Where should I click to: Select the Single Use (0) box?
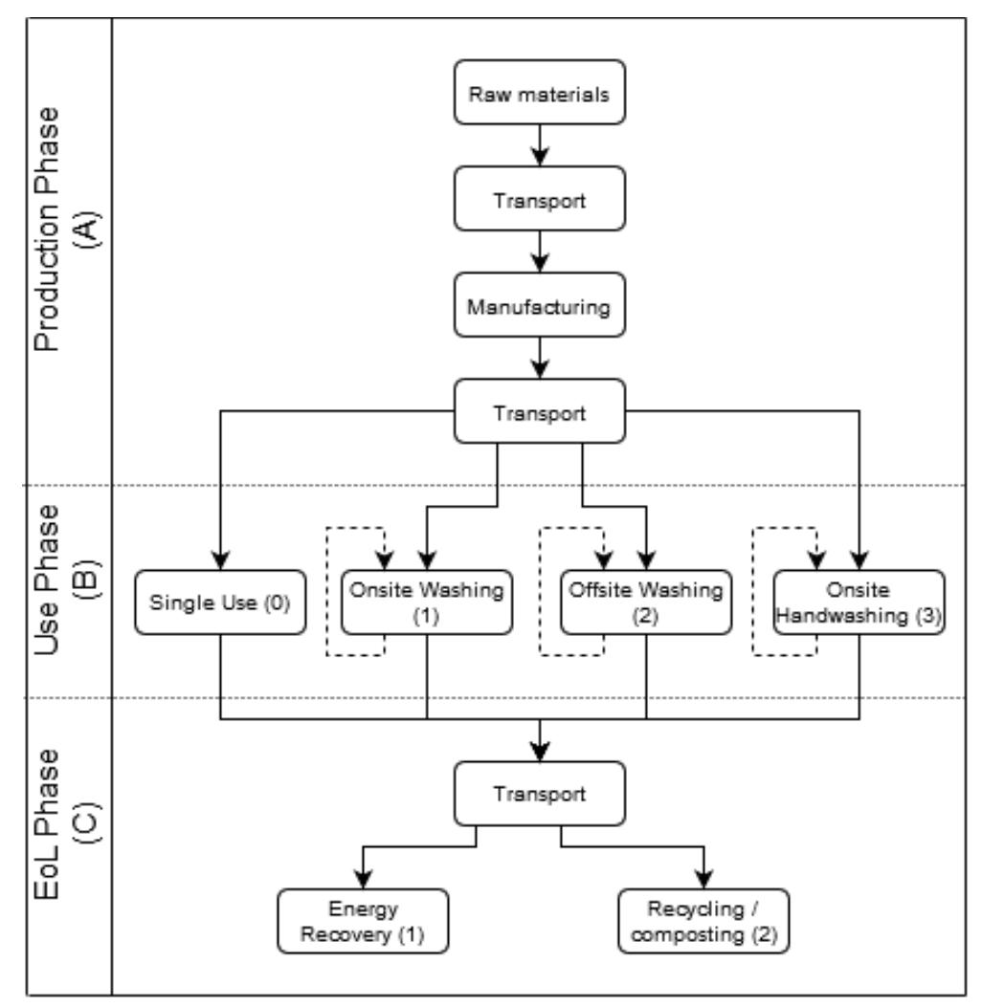click(220, 603)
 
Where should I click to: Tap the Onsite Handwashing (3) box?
click(859, 603)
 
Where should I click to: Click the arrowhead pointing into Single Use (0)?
click(220, 562)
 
